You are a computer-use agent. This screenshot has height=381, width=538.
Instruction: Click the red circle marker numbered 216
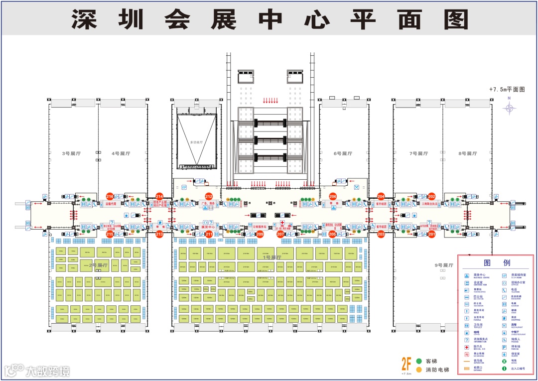pos(110,197)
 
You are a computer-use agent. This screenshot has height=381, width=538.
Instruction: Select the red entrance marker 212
pos(209,197)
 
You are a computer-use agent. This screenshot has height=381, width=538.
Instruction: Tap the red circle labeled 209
pos(260,234)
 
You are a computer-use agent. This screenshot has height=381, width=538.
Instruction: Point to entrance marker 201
pos(431,234)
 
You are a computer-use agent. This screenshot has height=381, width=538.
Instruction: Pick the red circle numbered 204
pos(381,197)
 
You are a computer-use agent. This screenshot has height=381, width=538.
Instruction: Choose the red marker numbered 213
pos(159,234)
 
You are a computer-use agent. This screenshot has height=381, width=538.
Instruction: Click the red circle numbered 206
pos(333,197)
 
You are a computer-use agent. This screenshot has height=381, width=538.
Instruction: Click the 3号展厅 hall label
pos(71,153)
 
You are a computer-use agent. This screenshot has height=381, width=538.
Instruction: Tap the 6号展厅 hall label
pos(343,153)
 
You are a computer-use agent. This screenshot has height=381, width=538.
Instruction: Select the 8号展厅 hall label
pos(468,153)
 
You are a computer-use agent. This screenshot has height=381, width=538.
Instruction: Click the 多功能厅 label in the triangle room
pos(197,142)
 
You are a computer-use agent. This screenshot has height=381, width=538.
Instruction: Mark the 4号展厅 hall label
pos(121,153)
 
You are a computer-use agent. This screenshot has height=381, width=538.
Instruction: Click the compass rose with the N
pos(509,108)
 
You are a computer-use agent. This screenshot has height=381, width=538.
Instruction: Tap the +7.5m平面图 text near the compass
pos(507,90)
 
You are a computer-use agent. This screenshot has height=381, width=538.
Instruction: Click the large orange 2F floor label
pos(406,363)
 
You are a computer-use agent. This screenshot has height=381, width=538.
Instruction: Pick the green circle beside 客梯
pos(419,361)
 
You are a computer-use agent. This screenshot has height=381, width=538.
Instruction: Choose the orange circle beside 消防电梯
pos(419,370)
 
